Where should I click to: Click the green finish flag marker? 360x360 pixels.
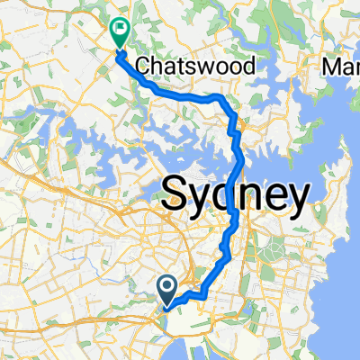click(119, 32)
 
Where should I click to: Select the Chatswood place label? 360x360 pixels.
click(195, 66)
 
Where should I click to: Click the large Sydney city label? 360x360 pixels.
click(236, 193)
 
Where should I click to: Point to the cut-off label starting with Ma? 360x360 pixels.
click(341, 66)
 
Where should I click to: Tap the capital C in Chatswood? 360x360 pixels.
click(142, 66)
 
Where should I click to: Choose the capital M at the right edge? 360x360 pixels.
click(331, 66)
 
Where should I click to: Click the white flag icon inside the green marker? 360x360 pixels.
click(119, 30)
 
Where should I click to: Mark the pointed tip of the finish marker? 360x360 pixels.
click(119, 48)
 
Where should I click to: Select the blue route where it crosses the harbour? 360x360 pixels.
click(240, 162)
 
